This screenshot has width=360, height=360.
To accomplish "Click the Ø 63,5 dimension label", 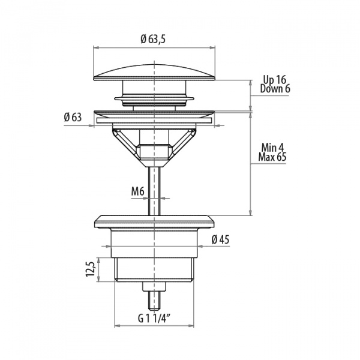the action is pos(153,39).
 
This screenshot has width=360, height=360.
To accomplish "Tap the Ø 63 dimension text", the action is pos(73,118).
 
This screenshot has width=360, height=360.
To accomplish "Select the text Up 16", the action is pos(275,80).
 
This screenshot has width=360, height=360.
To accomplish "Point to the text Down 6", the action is pos(275,89).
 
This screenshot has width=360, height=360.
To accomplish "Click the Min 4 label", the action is pos(272,148).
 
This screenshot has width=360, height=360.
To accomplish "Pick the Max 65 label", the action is pos(272,157).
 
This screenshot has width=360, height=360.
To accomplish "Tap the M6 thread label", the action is pos(138,191).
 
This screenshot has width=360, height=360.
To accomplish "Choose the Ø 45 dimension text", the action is pos(220,239).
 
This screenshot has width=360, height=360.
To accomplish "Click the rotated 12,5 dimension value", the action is pos(91,269).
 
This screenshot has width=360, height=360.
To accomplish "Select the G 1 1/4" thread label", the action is pos(154,319).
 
